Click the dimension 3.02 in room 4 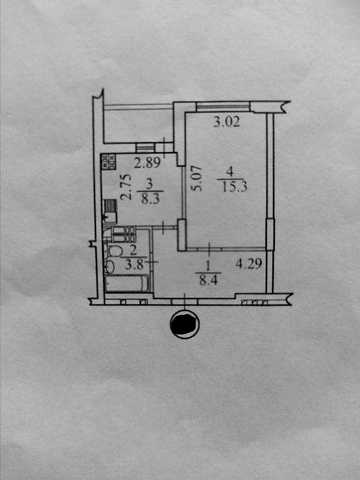pyautogui.click(x=227, y=121)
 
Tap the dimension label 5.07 pyautogui.click(x=196, y=178)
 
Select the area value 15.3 pyautogui.click(x=234, y=187)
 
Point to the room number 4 pyautogui.click(x=230, y=172)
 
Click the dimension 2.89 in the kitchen pyautogui.click(x=147, y=162)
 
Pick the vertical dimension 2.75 pyautogui.click(x=126, y=187)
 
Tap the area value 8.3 pyautogui.click(x=150, y=199)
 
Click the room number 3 pyautogui.click(x=149, y=183)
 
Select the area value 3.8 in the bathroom pyautogui.click(x=134, y=264)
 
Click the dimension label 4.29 pyautogui.click(x=249, y=264)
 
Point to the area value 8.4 pyautogui.click(x=208, y=280)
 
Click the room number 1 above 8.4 pyautogui.click(x=208, y=266)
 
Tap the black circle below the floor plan pyautogui.click(x=185, y=324)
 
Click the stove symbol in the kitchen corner pyautogui.click(x=108, y=161)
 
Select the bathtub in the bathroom pyautogui.click(x=127, y=283)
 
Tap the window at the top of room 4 pyautogui.click(x=223, y=107)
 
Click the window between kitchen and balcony pyautogui.click(x=146, y=147)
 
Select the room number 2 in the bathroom pyautogui.click(x=133, y=250)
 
